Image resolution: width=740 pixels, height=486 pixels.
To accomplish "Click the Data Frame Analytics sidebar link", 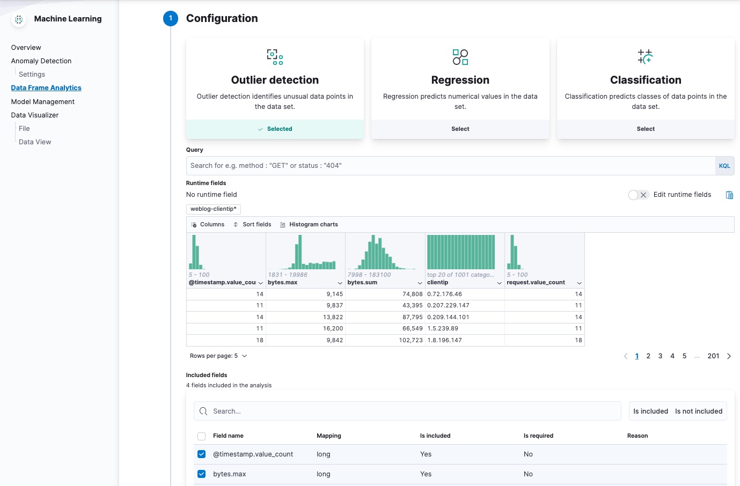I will [x=46, y=88].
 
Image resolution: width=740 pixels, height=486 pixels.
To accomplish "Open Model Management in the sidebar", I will [x=43, y=102].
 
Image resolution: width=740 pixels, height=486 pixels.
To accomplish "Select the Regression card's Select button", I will [x=460, y=129].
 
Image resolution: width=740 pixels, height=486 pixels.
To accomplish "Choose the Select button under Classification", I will [x=646, y=129].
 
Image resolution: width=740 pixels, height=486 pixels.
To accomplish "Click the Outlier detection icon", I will [x=275, y=57].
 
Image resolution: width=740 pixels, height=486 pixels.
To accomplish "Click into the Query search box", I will [x=450, y=166].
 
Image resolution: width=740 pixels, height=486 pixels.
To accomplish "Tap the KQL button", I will [x=724, y=166].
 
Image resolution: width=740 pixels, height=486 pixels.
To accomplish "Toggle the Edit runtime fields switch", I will [x=639, y=195].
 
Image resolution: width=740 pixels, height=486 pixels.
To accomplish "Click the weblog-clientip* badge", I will [x=213, y=209].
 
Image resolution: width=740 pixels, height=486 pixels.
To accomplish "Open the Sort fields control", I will [x=252, y=225].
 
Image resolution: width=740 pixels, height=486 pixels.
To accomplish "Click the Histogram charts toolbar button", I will [x=309, y=225].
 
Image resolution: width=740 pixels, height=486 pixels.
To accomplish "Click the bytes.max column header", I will [x=301, y=283].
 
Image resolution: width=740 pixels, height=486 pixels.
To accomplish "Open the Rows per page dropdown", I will [x=218, y=356].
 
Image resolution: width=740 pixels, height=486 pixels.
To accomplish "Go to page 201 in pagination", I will [x=713, y=356].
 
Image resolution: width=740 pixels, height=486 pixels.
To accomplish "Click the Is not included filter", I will [x=699, y=411].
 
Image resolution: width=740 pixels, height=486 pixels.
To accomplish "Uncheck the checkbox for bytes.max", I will [x=202, y=474].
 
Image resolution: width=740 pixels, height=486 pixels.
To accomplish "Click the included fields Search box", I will [x=408, y=411].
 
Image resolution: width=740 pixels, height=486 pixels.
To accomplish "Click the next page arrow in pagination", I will [x=729, y=356].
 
